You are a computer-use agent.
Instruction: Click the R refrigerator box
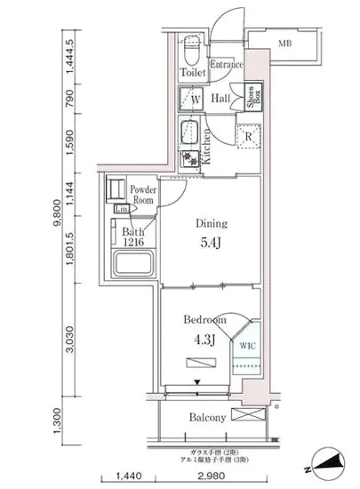click(x=248, y=136)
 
